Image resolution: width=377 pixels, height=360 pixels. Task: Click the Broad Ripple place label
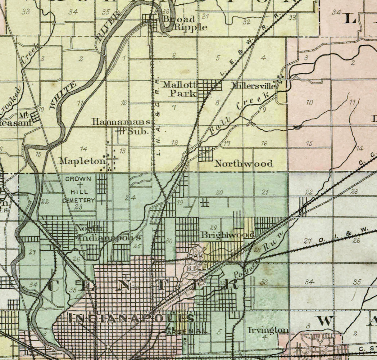click(x=185, y=23)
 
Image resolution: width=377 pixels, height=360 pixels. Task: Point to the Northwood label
click(x=244, y=163)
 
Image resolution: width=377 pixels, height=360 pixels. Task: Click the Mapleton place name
click(x=83, y=161)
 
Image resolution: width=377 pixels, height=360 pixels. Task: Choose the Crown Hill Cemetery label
click(x=78, y=190)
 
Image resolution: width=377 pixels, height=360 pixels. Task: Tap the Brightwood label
click(x=228, y=235)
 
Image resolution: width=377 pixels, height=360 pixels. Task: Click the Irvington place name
click(x=268, y=330)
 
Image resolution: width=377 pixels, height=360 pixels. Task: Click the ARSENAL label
click(x=187, y=332)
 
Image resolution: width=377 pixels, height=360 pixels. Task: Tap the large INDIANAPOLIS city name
click(x=132, y=318)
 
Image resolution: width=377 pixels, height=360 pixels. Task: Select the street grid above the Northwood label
click(x=206, y=154)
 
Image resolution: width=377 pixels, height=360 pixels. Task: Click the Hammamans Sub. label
click(x=122, y=126)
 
